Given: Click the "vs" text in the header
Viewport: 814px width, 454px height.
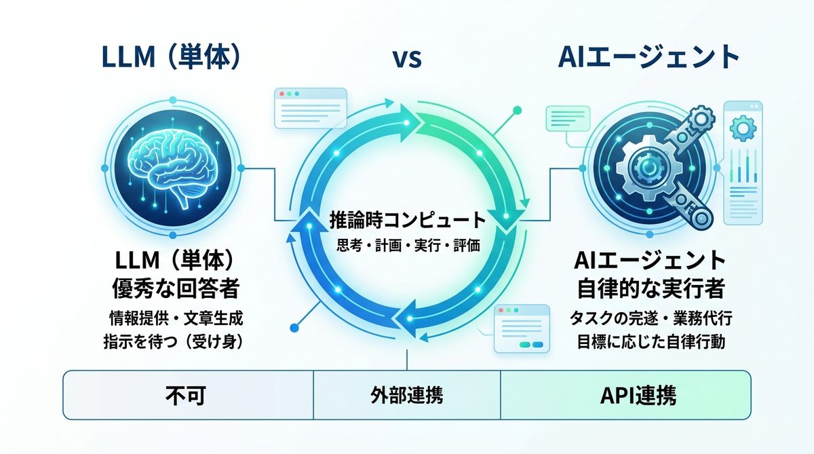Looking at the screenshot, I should pos(407,58).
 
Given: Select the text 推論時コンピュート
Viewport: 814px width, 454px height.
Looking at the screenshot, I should pos(408,221).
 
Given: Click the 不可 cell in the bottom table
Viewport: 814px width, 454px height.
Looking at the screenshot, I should pos(188,395).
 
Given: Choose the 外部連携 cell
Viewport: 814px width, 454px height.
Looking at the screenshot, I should pos(407,395).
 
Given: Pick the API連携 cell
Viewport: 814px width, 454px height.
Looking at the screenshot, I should pos(626,395).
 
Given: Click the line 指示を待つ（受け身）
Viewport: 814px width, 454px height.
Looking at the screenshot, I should pos(175,341).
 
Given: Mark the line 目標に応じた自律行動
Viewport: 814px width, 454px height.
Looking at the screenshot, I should pos(650,341).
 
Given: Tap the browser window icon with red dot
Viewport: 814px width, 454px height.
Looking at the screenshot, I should pos(309,108).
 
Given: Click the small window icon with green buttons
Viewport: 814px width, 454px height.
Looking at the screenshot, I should pos(520,329).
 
